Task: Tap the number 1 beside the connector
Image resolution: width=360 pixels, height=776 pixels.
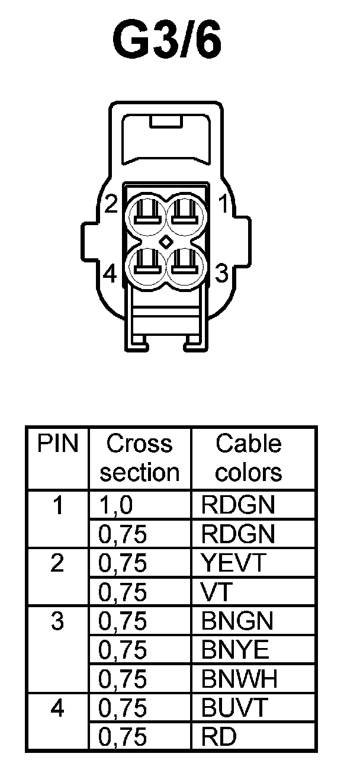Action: [224, 204]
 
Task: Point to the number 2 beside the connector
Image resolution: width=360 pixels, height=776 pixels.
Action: [110, 204]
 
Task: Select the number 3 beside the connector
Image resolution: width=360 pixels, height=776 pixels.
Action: [221, 274]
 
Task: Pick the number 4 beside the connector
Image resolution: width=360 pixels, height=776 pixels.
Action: [110, 274]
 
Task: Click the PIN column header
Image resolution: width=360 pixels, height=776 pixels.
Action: [57, 444]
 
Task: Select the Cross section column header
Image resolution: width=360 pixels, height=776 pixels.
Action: [140, 458]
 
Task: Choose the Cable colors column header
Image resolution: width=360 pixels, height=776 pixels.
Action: [249, 458]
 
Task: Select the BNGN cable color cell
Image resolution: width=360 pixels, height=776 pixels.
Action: [237, 621]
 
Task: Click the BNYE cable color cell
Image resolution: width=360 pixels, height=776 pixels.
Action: [235, 650]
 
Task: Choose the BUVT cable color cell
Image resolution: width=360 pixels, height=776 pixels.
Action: [235, 708]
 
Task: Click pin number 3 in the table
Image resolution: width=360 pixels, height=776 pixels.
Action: [57, 621]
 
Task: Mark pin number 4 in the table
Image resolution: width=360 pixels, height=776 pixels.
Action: [57, 708]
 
